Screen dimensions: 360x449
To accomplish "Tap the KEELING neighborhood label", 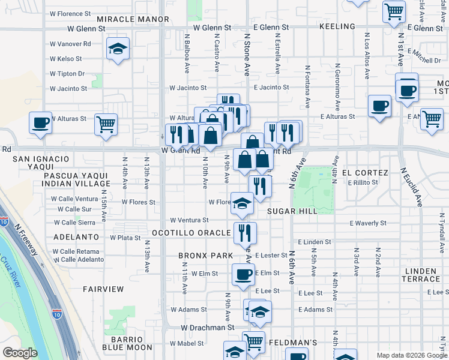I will [337, 27].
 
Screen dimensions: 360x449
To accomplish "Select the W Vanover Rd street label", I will [70, 44].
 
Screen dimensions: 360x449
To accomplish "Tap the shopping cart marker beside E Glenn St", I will [394, 11].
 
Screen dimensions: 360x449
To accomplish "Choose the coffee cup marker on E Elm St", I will [243, 275].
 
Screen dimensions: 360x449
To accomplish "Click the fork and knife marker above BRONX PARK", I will [244, 232].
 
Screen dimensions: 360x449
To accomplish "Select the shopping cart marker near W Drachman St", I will [254, 342].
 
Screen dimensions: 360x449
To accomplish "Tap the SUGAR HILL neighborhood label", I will [292, 211].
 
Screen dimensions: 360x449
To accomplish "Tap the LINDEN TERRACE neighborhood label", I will [420, 275].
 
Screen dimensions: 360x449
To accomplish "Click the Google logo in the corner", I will [20, 353].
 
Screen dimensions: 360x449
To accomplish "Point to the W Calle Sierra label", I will [75, 222].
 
